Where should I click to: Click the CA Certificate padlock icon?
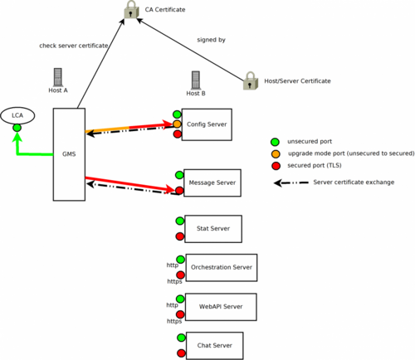click(x=131, y=10)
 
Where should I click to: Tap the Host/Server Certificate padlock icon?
click(x=251, y=81)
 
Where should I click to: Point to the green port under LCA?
click(x=17, y=128)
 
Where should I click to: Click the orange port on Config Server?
click(x=177, y=124)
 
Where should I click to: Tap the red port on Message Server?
click(x=179, y=191)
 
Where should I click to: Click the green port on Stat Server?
click(x=180, y=221)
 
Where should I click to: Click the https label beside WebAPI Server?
click(x=174, y=321)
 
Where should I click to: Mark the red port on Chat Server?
click(x=181, y=353)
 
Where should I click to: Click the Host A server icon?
click(x=58, y=77)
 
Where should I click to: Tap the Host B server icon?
click(x=196, y=80)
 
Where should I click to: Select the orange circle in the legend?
click(x=276, y=153)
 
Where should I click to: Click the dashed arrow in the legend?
click(x=291, y=182)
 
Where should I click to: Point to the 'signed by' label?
click(x=211, y=40)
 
